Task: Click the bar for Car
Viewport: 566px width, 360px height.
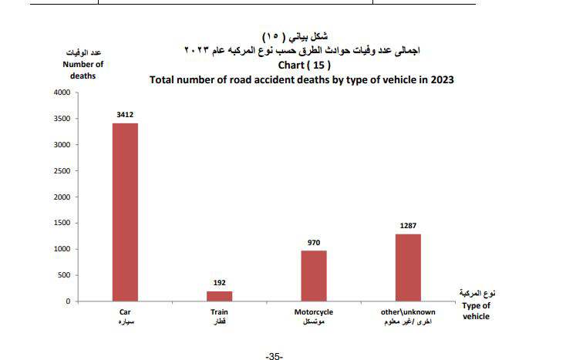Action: [125, 212]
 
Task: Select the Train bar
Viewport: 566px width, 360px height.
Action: [219, 296]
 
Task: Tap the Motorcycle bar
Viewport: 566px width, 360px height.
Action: [314, 275]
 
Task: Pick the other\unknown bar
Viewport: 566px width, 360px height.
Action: [408, 267]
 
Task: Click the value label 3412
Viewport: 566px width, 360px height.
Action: [125, 115]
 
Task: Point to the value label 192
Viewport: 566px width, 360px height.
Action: [219, 283]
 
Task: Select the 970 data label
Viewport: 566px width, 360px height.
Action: [314, 242]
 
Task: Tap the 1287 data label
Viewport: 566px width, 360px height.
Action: [408, 226]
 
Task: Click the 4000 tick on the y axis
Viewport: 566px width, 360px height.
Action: [62, 93]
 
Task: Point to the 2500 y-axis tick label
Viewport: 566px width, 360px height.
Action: [62, 171]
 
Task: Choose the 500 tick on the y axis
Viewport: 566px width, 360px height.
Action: [64, 275]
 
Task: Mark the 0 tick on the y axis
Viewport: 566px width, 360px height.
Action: [68, 301]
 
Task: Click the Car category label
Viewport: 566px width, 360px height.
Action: [124, 311]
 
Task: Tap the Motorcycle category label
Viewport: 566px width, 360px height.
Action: [314, 311]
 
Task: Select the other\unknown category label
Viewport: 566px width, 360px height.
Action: [408, 311]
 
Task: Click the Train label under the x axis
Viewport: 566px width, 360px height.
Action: [219, 311]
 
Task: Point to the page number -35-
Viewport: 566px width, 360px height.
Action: [275, 355]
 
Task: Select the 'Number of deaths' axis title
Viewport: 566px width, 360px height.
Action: [83, 70]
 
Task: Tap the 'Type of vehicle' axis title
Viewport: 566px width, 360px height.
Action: [476, 311]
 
